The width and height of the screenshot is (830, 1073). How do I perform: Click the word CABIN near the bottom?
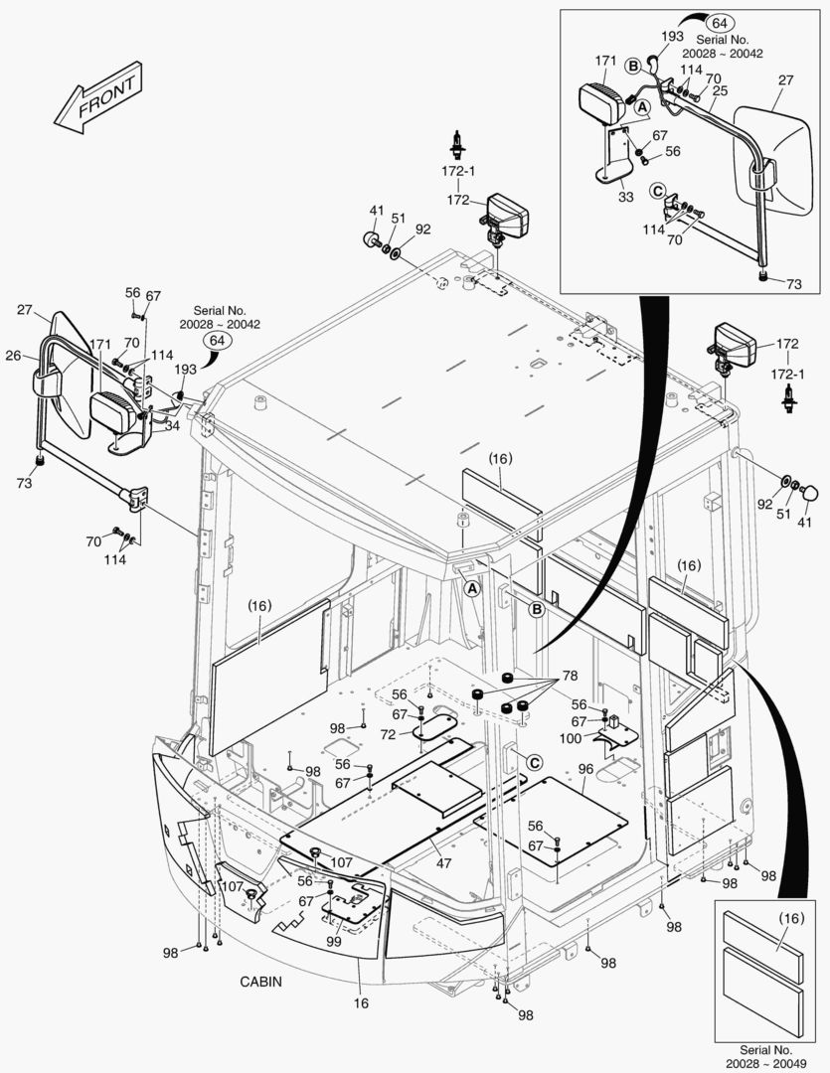[260, 982]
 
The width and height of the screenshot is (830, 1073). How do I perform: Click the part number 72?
[387, 733]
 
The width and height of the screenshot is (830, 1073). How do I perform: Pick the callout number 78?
[570, 677]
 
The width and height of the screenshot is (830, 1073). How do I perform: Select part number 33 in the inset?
[625, 197]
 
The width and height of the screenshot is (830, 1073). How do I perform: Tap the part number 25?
[721, 90]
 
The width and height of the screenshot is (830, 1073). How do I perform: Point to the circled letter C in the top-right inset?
[657, 190]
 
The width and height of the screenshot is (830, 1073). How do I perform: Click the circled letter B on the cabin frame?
[536, 610]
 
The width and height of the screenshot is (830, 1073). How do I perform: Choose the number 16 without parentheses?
[361, 1003]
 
